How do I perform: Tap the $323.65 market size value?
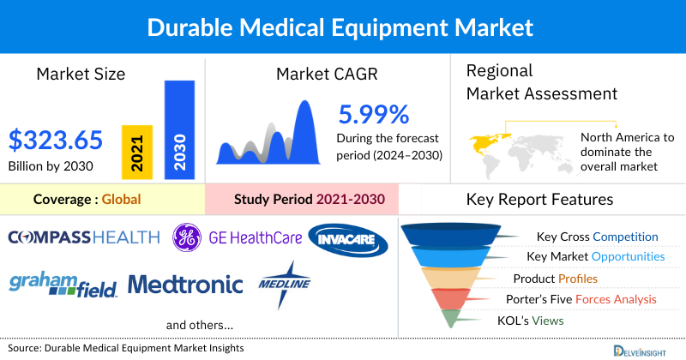[x=56, y=139]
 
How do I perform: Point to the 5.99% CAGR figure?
[x=373, y=114]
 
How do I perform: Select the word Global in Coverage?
[x=121, y=201]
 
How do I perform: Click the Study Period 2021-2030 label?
[x=309, y=201]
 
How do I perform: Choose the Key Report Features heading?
[x=539, y=201]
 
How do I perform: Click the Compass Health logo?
[x=84, y=237]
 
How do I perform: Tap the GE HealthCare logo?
[x=232, y=237]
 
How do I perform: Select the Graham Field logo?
[x=63, y=284]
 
